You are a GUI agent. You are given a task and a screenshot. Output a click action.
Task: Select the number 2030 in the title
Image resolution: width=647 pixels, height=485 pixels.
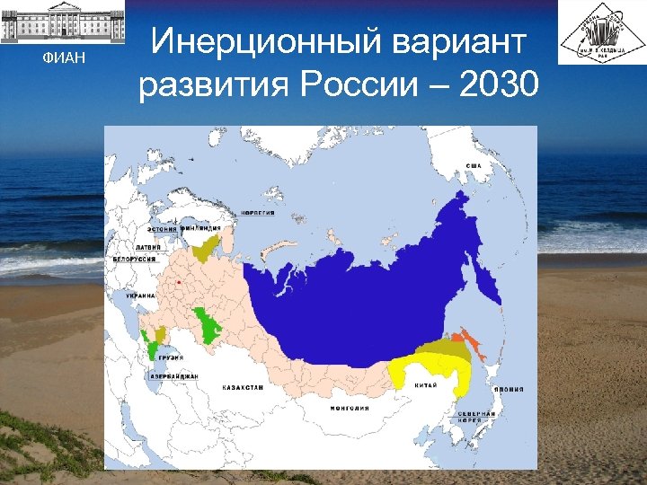(499, 84)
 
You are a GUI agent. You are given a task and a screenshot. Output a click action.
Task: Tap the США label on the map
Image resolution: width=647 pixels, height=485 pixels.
(474, 166)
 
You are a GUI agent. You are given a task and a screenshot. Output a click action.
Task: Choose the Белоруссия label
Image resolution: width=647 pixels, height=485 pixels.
(134, 259)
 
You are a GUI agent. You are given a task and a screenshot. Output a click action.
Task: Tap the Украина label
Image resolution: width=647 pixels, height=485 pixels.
(141, 295)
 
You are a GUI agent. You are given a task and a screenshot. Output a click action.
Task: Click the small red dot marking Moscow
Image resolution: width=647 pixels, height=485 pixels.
(180, 282)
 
